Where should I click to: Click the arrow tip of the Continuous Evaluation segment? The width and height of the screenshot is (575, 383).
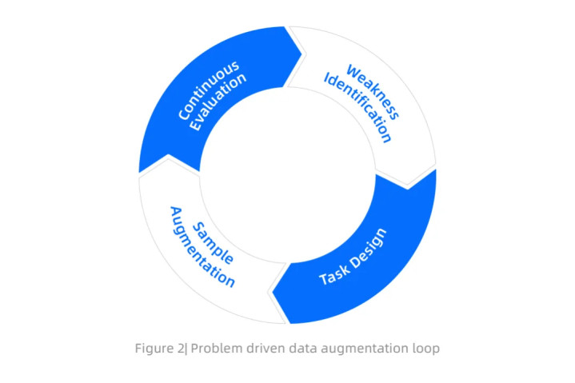pos(301,54)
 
